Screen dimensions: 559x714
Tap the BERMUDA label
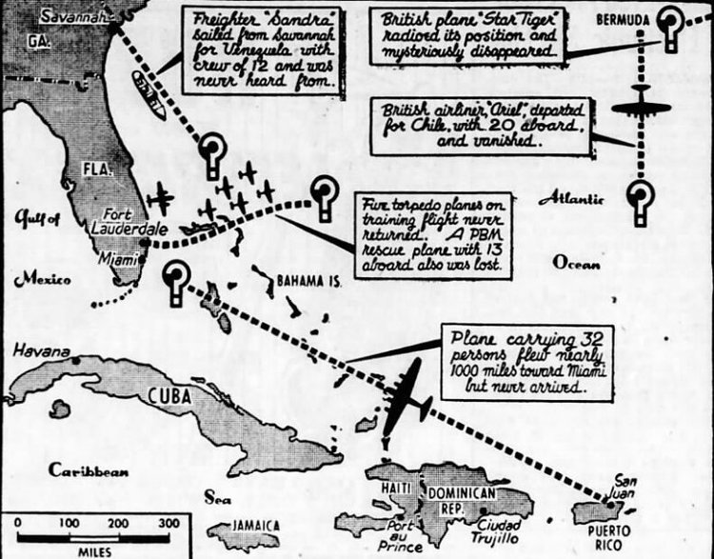621,19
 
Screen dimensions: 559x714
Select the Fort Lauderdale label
115,222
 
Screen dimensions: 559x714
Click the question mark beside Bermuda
673,27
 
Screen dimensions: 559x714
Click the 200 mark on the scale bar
117,523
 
